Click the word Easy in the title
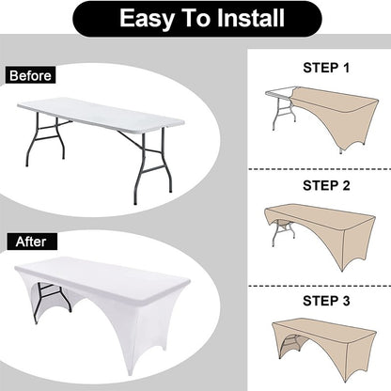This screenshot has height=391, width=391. (147, 19)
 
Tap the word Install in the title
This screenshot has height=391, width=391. (251, 18)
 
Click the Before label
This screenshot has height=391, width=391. (30, 75)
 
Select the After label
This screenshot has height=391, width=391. (31, 242)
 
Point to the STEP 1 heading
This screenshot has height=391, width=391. (326, 68)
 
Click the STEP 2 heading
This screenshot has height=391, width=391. (326, 185)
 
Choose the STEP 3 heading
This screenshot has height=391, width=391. (326, 301)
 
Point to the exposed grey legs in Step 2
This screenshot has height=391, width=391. (284, 232)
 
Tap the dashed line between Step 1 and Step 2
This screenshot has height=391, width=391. (320, 169)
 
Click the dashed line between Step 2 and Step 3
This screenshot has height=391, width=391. (320, 286)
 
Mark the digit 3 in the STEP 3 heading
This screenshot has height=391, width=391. (346, 301)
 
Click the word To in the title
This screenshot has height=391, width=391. (195, 18)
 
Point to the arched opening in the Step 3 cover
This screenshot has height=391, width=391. (289, 346)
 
